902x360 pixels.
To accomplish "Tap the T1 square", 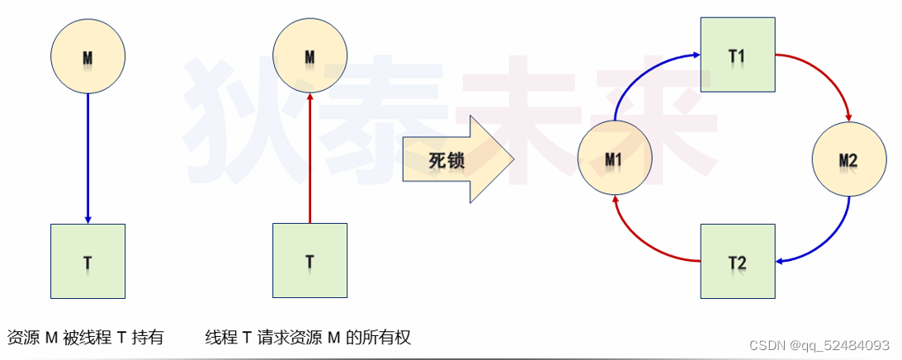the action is pos(737,54).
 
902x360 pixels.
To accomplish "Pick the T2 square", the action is pos(737,261).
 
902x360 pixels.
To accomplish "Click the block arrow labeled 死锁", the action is pos(454,159).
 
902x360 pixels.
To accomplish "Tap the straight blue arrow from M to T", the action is pos(87,157).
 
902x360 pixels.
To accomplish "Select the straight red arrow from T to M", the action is pos(309,157).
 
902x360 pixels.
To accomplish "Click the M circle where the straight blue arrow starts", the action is pos(87,56).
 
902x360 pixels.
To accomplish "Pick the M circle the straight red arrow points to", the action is pos(309,56).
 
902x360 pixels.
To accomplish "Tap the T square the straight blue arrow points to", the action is pos(87,261).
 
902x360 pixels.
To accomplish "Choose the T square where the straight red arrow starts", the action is pos(309,261).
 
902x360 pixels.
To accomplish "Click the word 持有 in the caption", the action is pos(148,338).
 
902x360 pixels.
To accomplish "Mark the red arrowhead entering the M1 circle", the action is pos(616,200).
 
